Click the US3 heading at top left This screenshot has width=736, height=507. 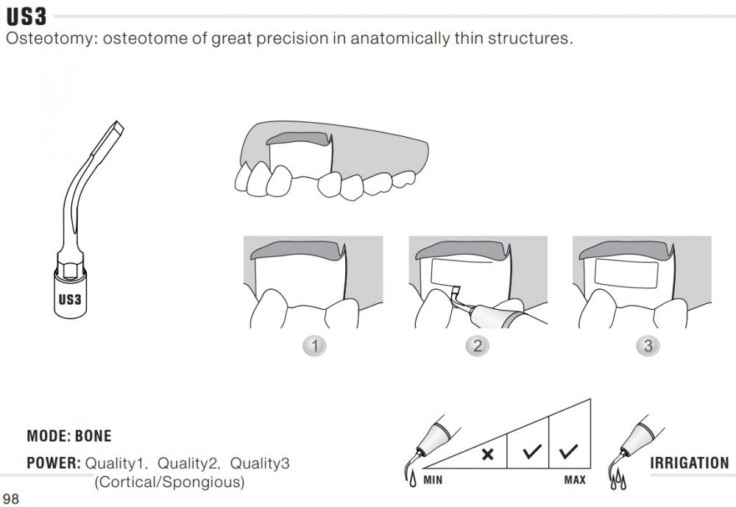click(26, 17)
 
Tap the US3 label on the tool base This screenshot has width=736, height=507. click(70, 299)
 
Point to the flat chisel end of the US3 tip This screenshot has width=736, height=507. click(117, 127)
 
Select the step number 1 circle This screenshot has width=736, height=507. click(314, 346)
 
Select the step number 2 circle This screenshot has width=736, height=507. click(477, 346)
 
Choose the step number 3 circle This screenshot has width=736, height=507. click(648, 346)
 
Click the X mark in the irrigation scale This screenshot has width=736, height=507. click(488, 454)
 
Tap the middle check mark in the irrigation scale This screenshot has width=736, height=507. click(532, 451)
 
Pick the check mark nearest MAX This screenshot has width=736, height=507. click(568, 451)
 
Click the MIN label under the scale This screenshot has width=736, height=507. click(433, 481)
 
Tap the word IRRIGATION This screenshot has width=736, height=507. click(690, 464)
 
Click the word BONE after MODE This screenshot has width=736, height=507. click(93, 436)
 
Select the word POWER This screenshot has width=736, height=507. click(54, 464)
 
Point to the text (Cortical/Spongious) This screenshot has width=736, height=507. click(169, 482)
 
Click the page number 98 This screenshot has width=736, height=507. click(11, 499)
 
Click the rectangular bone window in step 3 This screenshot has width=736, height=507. click(626, 273)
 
